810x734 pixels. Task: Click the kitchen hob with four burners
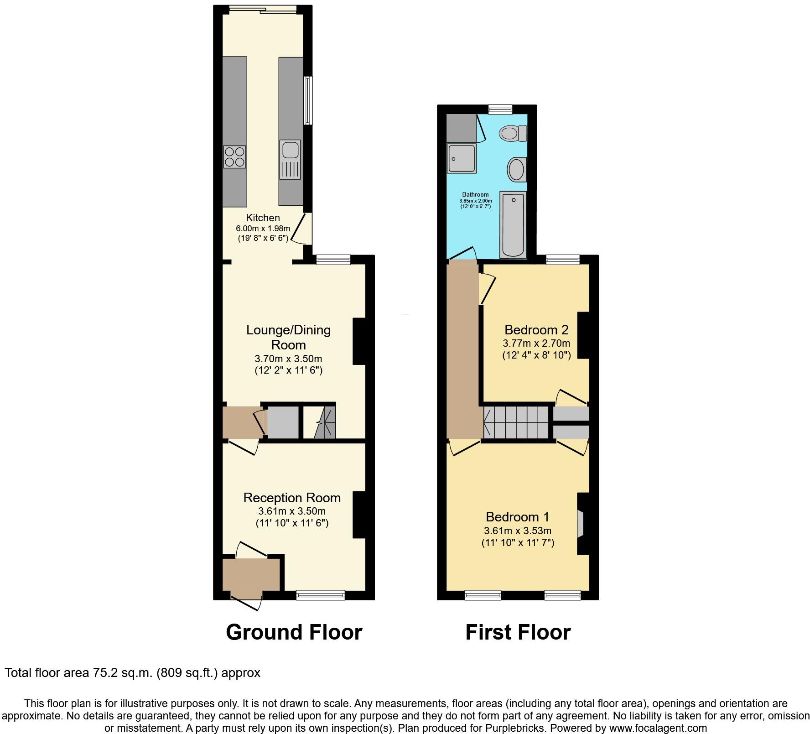[235, 156]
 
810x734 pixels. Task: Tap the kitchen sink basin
[290, 150]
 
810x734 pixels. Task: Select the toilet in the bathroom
[513, 134]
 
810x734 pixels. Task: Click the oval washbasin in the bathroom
[516, 169]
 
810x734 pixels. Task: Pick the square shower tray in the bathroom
[462, 159]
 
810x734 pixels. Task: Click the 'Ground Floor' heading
[294, 632]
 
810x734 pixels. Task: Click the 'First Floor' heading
[518, 632]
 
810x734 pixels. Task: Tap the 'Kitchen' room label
[263, 218]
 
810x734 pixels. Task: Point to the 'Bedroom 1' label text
[517, 517]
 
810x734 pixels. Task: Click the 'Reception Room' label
[292, 498]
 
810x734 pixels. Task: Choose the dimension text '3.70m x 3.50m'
[288, 359]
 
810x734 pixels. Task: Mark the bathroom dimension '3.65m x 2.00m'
[475, 201]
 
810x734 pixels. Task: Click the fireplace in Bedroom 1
[581, 524]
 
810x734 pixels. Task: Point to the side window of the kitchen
[308, 100]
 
